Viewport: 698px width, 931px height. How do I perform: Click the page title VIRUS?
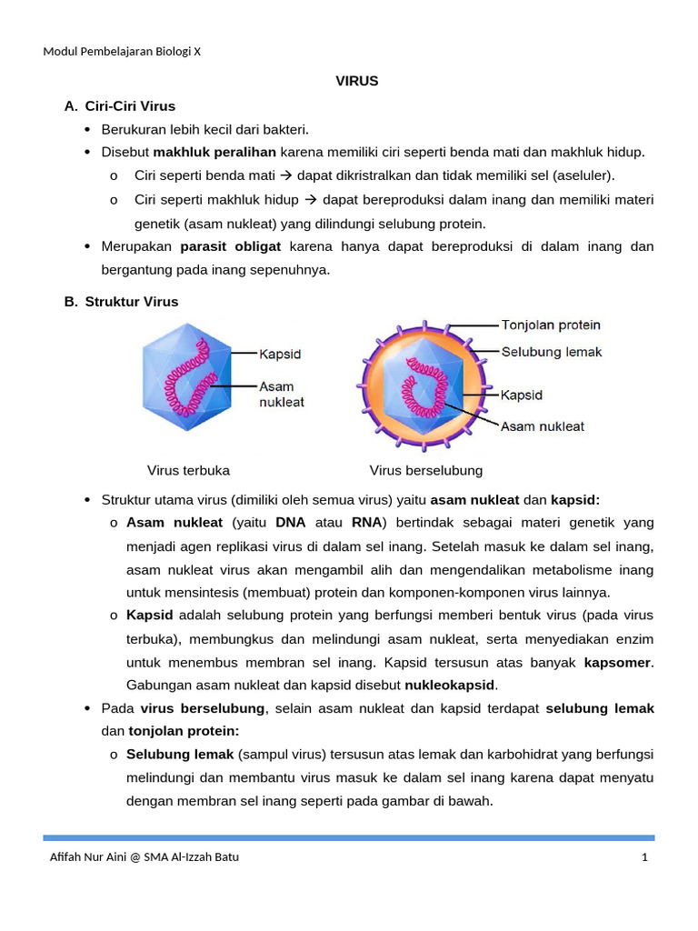356,81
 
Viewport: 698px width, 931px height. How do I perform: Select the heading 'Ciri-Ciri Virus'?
130,106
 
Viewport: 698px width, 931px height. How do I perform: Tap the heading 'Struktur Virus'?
132,301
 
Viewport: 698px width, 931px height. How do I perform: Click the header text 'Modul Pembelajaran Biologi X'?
122,51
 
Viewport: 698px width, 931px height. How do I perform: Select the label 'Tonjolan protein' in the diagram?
550,325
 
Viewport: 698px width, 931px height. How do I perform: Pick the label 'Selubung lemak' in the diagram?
551,352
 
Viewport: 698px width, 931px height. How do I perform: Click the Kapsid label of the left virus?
280,354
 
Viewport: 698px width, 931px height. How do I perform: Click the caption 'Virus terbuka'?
188,470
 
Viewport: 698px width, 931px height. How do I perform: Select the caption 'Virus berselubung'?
425,470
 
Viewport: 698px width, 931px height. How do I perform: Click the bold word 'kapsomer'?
618,662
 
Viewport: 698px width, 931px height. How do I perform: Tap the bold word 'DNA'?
291,523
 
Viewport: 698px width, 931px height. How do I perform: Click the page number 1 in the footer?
643,856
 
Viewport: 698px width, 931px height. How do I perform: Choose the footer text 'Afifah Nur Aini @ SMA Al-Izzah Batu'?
144,856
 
